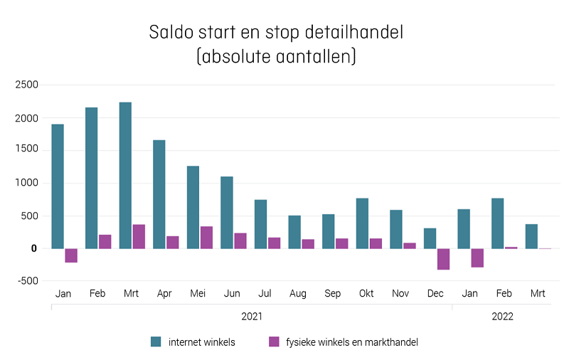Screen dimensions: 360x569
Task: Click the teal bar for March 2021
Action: tap(125, 175)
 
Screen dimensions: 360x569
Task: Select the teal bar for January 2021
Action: tap(58, 186)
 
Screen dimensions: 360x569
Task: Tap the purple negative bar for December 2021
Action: tap(444, 259)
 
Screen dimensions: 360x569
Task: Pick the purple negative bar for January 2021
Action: tap(71, 255)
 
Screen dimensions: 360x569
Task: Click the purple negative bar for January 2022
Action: tap(477, 258)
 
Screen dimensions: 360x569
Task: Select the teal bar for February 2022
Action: tap(497, 223)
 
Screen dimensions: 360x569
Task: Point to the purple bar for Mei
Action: tap(206, 238)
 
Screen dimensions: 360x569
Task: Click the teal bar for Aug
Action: tap(294, 232)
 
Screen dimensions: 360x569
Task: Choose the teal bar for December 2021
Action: tap(430, 238)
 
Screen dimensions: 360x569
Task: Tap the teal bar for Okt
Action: tap(362, 223)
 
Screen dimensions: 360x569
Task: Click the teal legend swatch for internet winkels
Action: tap(156, 342)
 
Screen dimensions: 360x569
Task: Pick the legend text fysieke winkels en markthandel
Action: tap(351, 342)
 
